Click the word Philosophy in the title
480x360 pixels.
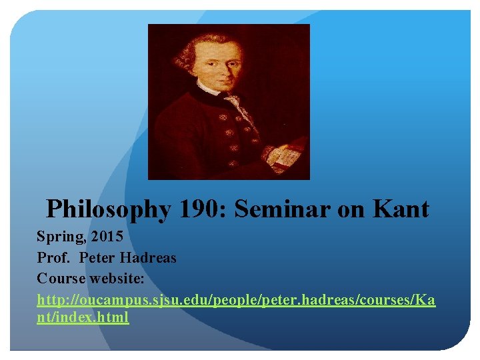pyautogui.click(x=109, y=210)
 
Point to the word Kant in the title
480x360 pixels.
pyautogui.click(x=401, y=210)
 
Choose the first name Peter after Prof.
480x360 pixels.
pyautogui.click(x=99, y=258)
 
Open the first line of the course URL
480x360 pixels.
pyautogui.click(x=236, y=299)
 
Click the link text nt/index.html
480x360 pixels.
pyautogui.click(x=83, y=317)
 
